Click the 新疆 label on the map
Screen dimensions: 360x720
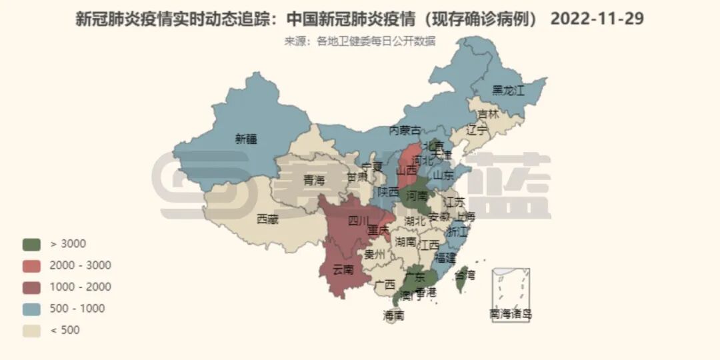coord(246,139)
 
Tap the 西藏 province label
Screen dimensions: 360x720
coord(267,218)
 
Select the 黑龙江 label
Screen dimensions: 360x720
coord(509,90)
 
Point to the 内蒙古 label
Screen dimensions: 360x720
coord(405,130)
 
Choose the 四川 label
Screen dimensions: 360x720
coord(359,220)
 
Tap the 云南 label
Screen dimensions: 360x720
coord(343,269)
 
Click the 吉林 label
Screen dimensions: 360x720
coord(488,114)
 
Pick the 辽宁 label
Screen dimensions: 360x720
coord(477,129)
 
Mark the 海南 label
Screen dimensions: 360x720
coord(394,316)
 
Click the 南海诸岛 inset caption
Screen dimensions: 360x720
coord(511,314)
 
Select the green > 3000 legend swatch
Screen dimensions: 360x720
coord(31,244)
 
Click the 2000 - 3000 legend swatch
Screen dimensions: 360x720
coord(31,265)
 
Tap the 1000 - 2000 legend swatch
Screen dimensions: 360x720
coord(31,287)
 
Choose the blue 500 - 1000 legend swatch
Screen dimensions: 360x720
coord(31,309)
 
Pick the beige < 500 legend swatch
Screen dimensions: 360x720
coord(31,330)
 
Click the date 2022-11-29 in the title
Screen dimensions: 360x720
coord(597,19)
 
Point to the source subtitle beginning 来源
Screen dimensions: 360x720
coord(360,41)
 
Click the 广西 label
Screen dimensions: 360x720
coord(385,285)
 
